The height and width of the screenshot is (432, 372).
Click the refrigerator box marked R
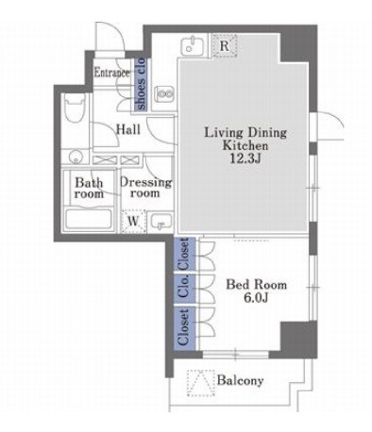click(x=225, y=45)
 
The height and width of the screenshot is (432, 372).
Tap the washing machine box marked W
click(x=134, y=221)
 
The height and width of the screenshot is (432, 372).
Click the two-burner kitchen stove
click(x=164, y=93)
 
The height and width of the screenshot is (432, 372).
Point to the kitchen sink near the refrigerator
click(x=193, y=46)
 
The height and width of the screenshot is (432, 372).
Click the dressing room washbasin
click(x=161, y=222)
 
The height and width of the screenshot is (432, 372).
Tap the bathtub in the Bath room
click(x=89, y=219)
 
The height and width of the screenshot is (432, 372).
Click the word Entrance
click(x=112, y=73)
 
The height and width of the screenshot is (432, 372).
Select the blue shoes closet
click(x=140, y=84)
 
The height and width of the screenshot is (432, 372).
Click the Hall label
click(x=128, y=129)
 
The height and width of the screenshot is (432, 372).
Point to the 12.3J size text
click(x=245, y=158)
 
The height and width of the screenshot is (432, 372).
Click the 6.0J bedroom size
click(x=256, y=297)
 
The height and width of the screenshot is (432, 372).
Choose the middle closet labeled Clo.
click(x=185, y=288)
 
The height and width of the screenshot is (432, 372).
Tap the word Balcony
click(x=241, y=380)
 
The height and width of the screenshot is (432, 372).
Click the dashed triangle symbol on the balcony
click(x=201, y=383)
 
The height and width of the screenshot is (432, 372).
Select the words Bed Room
click(x=257, y=285)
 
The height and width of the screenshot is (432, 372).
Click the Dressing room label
click(x=145, y=188)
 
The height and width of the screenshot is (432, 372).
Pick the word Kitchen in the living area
click(x=245, y=145)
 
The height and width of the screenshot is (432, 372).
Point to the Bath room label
click(x=89, y=188)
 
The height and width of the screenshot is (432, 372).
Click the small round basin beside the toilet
click(x=76, y=157)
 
